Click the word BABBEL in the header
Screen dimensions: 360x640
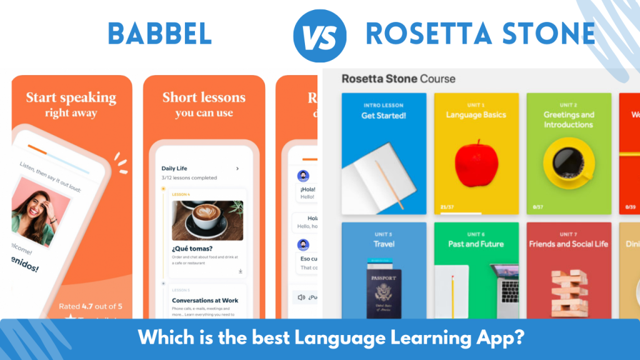[x=159, y=34]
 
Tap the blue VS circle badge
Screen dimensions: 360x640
[x=319, y=36]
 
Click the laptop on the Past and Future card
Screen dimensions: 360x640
[x=504, y=287]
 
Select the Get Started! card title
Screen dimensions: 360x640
[x=384, y=116]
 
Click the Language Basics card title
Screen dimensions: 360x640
[x=476, y=115]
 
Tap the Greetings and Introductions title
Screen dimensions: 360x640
[x=568, y=119]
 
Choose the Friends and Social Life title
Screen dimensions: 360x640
[x=568, y=244]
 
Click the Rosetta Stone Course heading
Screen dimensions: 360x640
[x=398, y=79]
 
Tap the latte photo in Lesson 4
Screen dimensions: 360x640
[x=207, y=221]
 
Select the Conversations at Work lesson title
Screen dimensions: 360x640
[x=205, y=301]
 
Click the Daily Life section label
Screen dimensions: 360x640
[x=174, y=168]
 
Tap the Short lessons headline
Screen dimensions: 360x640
[x=204, y=97]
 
